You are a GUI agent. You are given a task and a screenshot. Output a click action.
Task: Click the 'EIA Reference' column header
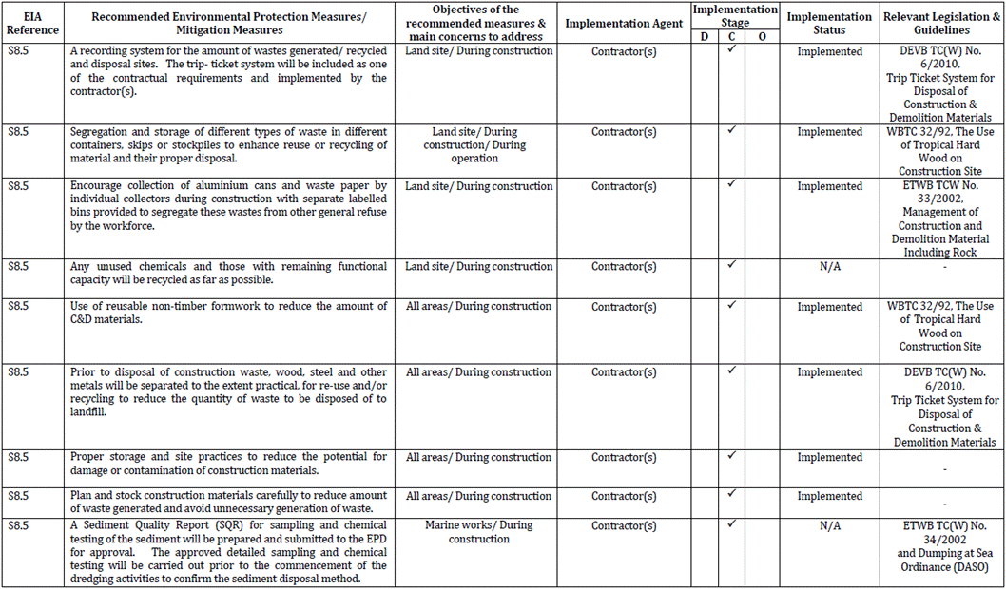[32, 23]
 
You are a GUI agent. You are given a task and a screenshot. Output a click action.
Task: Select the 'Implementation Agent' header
[623, 23]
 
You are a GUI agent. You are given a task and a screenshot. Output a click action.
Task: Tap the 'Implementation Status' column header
[829, 23]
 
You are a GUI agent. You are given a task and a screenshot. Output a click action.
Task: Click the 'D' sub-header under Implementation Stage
[704, 36]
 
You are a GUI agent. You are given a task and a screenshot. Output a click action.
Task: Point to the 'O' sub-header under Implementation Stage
[763, 36]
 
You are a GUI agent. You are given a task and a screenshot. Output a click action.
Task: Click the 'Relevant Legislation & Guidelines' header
[941, 23]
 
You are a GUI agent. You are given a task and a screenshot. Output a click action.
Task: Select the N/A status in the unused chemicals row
[829, 267]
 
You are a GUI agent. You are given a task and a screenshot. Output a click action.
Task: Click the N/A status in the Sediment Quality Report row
[829, 525]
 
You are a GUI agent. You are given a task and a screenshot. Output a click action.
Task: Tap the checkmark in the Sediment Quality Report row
[732, 523]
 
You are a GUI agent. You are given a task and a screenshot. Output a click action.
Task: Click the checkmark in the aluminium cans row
[732, 184]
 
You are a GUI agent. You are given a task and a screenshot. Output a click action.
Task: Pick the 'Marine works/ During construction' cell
[478, 532]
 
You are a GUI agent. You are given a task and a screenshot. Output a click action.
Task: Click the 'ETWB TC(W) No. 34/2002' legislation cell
[941, 546]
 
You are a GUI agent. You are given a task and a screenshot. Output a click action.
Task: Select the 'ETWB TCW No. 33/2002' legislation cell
[941, 219]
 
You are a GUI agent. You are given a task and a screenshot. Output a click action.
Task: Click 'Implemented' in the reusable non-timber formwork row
[829, 307]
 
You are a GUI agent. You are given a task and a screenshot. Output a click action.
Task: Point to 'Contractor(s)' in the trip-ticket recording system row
[623, 51]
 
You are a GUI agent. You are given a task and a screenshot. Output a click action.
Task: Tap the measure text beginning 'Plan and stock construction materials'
[228, 502]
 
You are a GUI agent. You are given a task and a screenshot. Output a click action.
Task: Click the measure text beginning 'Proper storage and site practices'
[228, 464]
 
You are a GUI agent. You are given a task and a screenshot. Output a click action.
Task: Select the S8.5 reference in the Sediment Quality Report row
[18, 525]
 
